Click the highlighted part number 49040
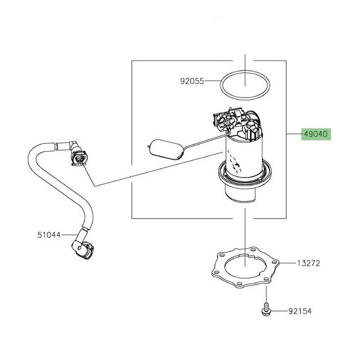316,134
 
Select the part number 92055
192,81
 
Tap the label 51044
49,235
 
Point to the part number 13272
308,263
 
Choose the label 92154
300,311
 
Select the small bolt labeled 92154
266,309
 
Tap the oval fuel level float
165,149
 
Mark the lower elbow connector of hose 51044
83,248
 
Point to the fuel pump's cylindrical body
244,158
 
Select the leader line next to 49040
293,134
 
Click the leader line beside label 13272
288,263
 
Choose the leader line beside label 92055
212,81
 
